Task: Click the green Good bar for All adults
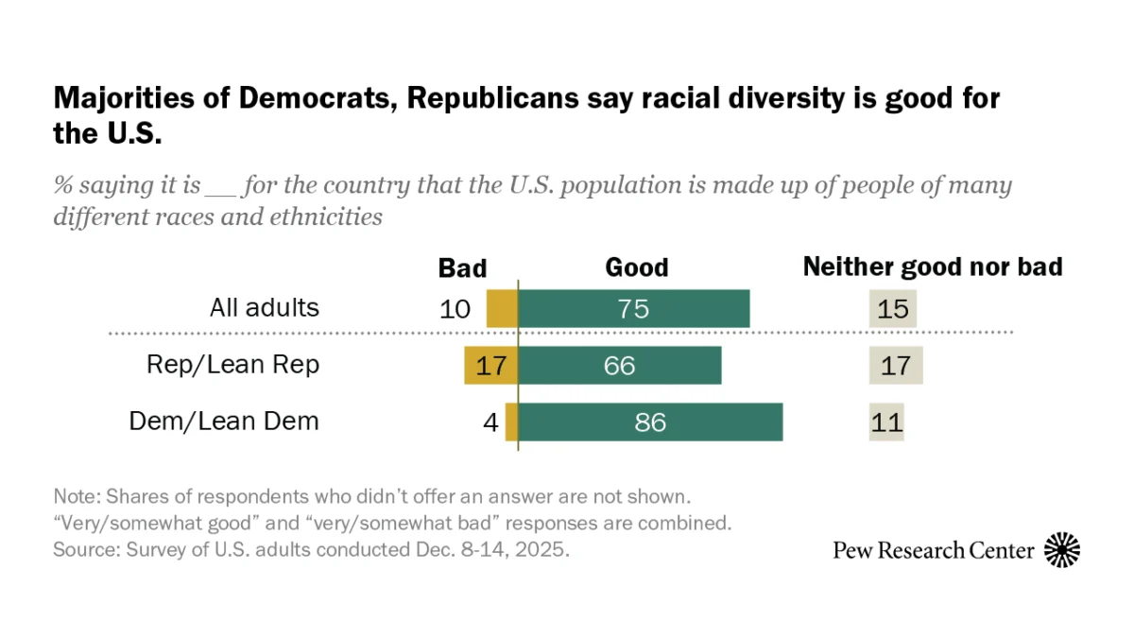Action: [633, 309]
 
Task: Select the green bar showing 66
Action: [620, 366]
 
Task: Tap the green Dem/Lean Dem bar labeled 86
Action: [650, 422]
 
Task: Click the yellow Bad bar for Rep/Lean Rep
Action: [490, 366]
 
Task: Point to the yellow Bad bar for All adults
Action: [502, 309]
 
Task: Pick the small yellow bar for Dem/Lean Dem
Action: [511, 422]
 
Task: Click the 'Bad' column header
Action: [462, 268]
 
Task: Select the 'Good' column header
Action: [636, 268]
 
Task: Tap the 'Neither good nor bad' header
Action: [932, 267]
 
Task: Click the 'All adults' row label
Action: [265, 308]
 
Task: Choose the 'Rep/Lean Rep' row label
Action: [232, 365]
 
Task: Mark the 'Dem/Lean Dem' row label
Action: [224, 421]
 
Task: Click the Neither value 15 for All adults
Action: [893, 309]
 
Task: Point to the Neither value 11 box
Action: [886, 422]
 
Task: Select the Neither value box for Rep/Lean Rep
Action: [895, 366]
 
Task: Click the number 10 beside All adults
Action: [455, 309]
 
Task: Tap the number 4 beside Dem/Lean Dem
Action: [490, 422]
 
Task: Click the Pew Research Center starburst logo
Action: [1062, 550]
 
